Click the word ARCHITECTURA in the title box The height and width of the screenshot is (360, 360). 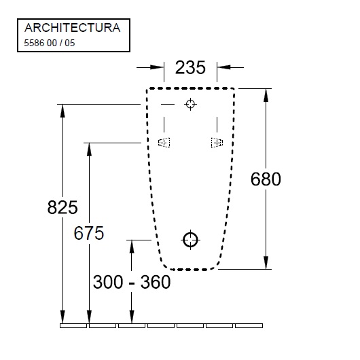coord(72,28)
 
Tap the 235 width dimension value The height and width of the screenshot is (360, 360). coord(190,68)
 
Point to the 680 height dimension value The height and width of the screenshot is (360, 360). coord(266,179)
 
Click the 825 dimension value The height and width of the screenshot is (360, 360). coord(63,208)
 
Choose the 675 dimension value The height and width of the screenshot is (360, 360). coord(88,233)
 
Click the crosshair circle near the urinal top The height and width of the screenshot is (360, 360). coord(190,104)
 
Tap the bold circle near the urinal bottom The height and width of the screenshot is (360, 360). coord(190,239)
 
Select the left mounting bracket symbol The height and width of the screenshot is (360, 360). coord(164,142)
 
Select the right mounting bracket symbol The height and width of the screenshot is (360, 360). coord(217,142)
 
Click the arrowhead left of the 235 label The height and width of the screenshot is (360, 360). coord(158,67)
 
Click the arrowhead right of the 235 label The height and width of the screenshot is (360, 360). coord(222,67)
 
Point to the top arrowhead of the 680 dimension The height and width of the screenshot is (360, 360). coord(266,94)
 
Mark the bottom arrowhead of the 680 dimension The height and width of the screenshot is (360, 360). coord(266,263)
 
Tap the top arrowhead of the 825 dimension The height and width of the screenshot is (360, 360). coord(63,110)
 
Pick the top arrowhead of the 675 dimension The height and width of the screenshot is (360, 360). coord(88,149)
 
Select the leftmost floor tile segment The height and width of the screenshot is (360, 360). coord(73,325)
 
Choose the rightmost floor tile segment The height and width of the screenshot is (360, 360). coord(249,325)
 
